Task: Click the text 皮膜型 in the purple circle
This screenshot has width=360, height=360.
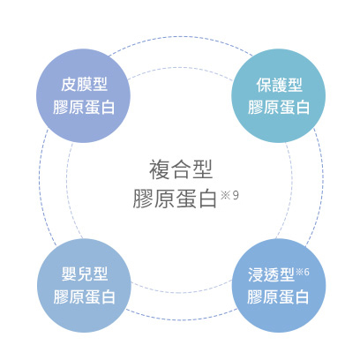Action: pos(84,85)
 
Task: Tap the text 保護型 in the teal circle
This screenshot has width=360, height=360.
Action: pos(279,85)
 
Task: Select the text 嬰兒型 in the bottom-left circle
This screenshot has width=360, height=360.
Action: pos(85,274)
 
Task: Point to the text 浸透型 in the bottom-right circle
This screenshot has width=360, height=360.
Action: pos(271,274)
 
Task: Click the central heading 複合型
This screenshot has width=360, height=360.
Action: pos(181,169)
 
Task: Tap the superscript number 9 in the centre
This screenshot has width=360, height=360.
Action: pos(236,195)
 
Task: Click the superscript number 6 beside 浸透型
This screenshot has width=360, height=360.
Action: pos(306,272)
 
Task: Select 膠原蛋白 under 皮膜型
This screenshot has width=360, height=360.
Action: pos(84,107)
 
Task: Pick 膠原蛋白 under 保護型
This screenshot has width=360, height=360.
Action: pos(279,107)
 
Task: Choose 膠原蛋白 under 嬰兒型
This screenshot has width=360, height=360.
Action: pos(85,296)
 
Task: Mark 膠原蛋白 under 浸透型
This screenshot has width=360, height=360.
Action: pos(278,296)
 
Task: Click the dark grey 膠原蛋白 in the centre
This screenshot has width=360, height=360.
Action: pos(175,199)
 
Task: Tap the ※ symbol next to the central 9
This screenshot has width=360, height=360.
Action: pos(226,195)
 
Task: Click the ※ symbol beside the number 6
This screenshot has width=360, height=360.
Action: pos(299,272)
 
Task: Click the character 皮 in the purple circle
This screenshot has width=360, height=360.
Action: pos(69,85)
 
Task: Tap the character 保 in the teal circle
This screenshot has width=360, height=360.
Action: pos(264,85)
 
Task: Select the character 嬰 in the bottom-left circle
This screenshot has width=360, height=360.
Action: pos(69,274)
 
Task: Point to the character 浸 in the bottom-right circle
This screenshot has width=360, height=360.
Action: pos(255,274)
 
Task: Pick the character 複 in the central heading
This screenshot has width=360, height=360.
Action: pos(160,169)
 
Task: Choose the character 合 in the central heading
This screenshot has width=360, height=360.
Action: pos(181,169)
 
